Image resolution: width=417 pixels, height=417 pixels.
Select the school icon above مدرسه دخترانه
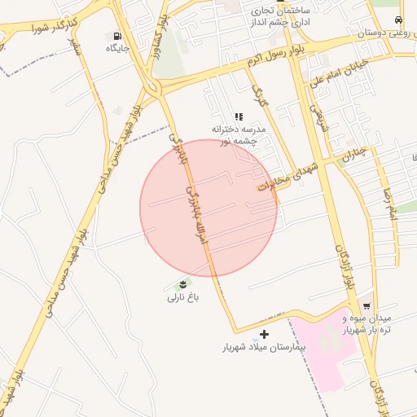pyautogui.click(x=239, y=116)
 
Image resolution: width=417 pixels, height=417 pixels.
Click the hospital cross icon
pyautogui.click(x=264, y=334)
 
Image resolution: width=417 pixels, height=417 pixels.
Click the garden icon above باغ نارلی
pyautogui.click(x=183, y=284)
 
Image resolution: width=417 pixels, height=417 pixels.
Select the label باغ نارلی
pyautogui.click(x=183, y=298)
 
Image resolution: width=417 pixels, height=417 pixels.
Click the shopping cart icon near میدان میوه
pyautogui.click(x=367, y=306)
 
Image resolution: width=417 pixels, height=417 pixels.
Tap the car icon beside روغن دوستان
pyautogui.click(x=397, y=20)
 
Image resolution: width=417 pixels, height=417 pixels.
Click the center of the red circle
pyautogui.click(x=208, y=208)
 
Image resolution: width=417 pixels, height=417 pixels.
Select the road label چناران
pyautogui.click(x=356, y=155)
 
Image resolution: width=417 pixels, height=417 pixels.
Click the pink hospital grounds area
pyautogui.click(x=326, y=346)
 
